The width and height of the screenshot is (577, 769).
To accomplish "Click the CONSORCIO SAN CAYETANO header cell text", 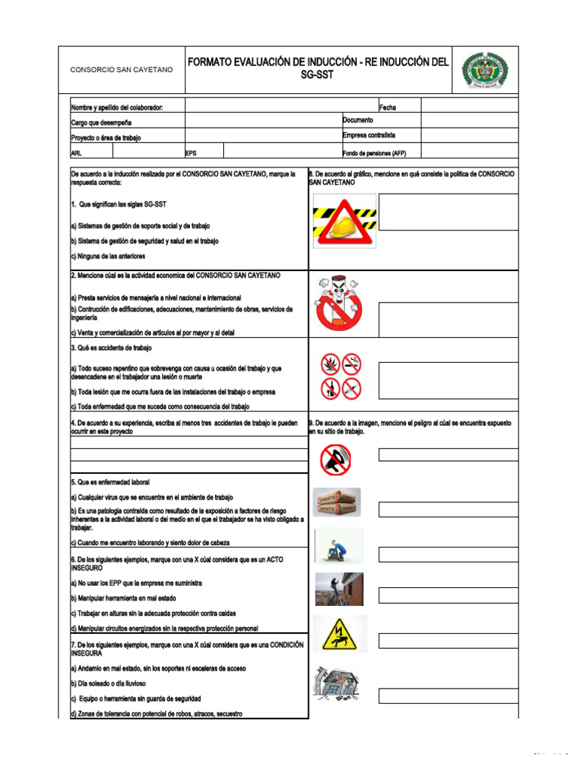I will click(x=121, y=70).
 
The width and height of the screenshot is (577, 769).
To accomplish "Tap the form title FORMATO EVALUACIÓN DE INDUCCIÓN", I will click(x=318, y=69).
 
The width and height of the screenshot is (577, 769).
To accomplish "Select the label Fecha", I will click(x=388, y=107).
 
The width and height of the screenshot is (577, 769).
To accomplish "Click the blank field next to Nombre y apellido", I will click(x=282, y=106).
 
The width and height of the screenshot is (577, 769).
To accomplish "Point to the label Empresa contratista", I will click(x=368, y=136).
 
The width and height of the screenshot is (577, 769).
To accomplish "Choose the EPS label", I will click(x=191, y=152).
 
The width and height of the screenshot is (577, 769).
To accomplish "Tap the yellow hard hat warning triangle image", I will click(x=344, y=222).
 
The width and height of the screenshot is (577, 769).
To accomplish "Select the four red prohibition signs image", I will click(x=340, y=376).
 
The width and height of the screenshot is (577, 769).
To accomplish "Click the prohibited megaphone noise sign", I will click(x=335, y=459).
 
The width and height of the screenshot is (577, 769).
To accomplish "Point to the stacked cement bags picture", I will click(x=337, y=502).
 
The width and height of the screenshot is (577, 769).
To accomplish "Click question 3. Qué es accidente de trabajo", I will click(x=111, y=348).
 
